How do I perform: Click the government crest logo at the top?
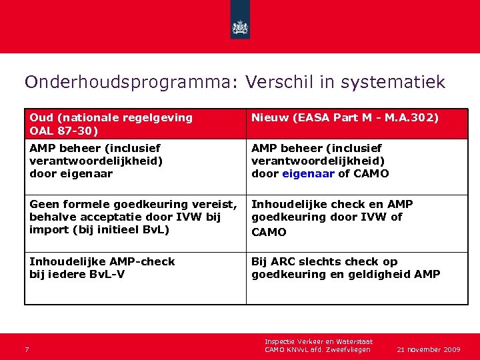click(x=240, y=27)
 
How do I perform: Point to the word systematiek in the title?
click(x=393, y=82)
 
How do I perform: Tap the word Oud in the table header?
click(x=41, y=117)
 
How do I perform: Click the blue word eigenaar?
click(x=309, y=174)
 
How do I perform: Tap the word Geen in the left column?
click(x=44, y=204)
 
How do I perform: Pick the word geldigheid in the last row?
click(x=377, y=274)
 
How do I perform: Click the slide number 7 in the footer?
click(x=27, y=349)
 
